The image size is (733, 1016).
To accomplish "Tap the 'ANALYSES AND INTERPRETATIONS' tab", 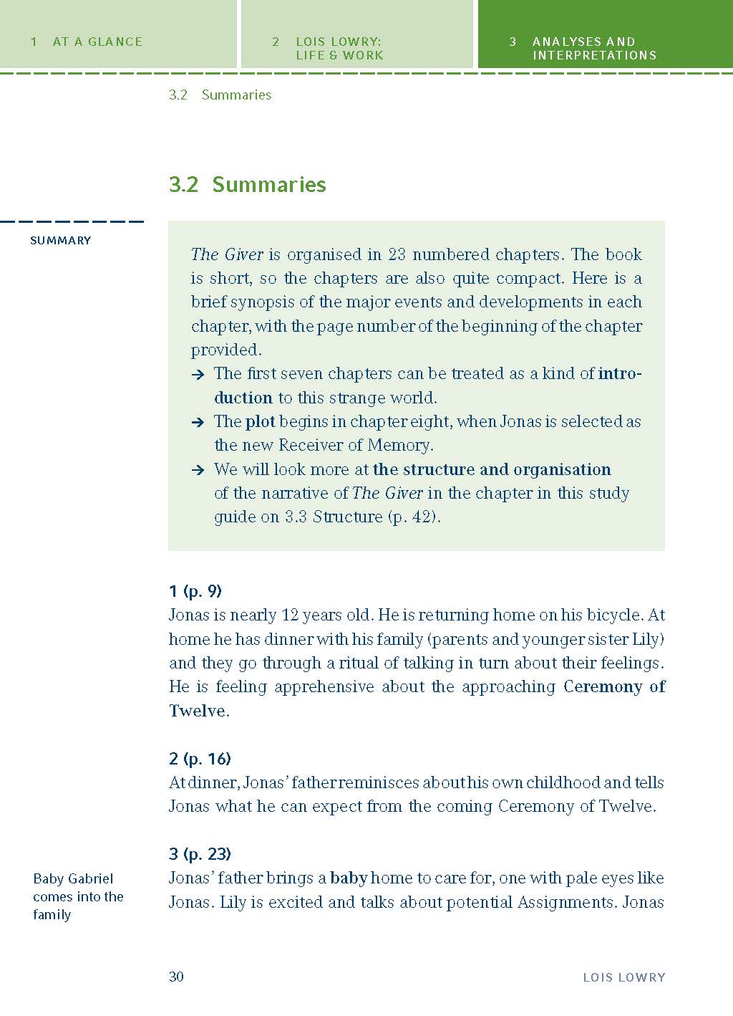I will tap(593, 48).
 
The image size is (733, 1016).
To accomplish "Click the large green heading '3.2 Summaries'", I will tap(247, 184).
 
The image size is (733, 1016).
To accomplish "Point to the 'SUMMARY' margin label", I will tap(60, 240).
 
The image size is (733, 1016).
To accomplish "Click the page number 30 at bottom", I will tap(176, 977).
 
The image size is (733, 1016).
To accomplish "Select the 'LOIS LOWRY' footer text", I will tap(623, 977).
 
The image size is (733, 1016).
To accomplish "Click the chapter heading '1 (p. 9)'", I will tap(195, 591).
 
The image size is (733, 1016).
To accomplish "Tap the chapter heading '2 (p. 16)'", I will tap(200, 758).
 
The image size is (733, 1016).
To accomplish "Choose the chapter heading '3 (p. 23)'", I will tap(200, 853).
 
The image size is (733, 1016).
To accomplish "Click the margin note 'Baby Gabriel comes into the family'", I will tap(77, 896).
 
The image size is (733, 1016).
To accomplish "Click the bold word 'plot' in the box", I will tap(260, 421).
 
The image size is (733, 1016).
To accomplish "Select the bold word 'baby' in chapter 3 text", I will tap(349, 878).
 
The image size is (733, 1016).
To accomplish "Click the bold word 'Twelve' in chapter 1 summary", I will tap(197, 711).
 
